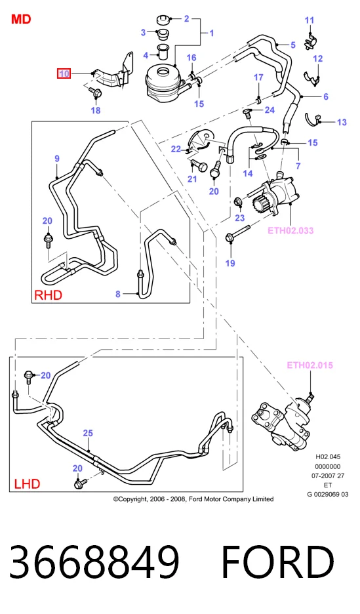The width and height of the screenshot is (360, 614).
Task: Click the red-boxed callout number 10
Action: (64, 73)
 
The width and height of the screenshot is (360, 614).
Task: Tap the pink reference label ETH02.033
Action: (290, 230)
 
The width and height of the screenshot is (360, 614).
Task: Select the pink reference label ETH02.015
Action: (310, 365)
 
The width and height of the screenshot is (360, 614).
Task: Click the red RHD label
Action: (48, 295)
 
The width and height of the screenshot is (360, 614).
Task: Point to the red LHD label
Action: (27, 484)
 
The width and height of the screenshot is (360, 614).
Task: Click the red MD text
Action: (21, 19)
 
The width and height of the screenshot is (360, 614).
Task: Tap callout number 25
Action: (88, 433)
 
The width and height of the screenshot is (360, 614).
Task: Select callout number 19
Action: (230, 263)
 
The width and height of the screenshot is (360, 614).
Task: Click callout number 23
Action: (239, 218)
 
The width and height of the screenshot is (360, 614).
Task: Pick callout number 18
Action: (96, 110)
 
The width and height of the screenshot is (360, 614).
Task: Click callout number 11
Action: (309, 20)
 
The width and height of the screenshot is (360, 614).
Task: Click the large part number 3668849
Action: (94, 560)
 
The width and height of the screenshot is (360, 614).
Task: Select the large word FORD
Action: (278, 561)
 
